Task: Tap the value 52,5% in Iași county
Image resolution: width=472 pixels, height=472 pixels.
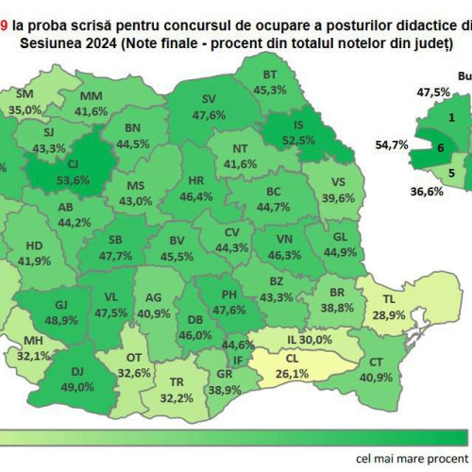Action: tap(298, 140)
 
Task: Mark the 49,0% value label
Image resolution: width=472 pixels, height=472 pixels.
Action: tap(78, 386)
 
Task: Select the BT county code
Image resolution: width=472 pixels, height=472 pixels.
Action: tap(270, 75)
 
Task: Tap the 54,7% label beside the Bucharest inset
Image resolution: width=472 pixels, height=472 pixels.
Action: tap(392, 144)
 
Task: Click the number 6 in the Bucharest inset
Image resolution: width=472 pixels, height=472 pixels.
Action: tap(440, 147)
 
